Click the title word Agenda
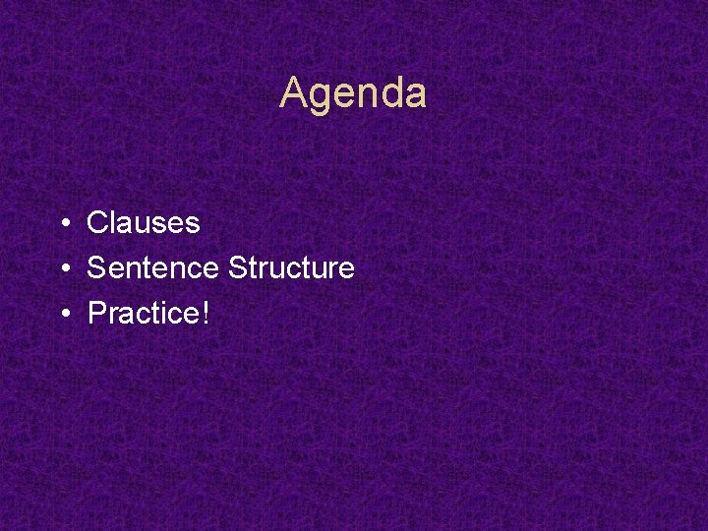pos(353,94)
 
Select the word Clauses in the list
pos(144,223)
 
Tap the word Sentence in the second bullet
pos(153,267)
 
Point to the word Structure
pos(291,267)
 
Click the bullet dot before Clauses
pos(62,224)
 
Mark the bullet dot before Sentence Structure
pos(62,268)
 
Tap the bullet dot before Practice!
pos(62,315)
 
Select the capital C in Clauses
pos(97,223)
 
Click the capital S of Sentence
pos(96,267)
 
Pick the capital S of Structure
pos(237,267)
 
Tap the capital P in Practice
pos(96,314)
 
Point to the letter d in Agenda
pos(390,94)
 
